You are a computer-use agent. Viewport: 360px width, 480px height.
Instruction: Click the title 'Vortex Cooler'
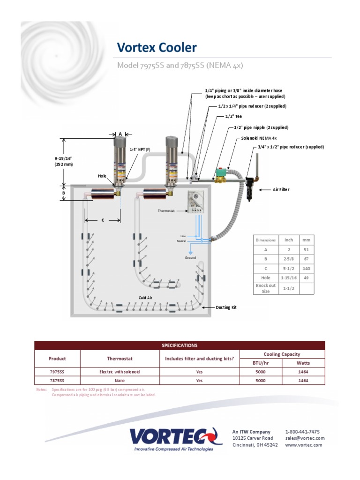point(157,47)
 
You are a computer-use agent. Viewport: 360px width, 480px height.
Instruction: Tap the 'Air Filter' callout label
point(281,190)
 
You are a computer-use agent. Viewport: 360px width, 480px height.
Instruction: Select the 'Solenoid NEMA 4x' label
point(259,138)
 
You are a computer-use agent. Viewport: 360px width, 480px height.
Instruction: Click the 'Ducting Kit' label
point(226,307)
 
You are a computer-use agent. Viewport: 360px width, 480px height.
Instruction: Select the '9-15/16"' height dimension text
point(64,158)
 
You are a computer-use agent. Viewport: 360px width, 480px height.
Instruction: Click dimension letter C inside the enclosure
point(103,220)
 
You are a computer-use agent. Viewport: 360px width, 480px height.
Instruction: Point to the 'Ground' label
point(190,258)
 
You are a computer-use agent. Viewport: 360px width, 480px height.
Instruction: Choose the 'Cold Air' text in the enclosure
point(145,298)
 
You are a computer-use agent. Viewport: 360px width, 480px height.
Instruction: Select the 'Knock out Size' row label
point(266,288)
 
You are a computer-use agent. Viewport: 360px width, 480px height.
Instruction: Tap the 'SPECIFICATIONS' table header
point(180,345)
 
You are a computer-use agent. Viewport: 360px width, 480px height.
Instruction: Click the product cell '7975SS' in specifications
point(57,372)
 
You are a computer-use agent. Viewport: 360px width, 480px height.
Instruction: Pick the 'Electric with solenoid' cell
point(120,372)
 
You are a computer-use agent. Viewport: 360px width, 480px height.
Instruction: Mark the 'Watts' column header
point(303,363)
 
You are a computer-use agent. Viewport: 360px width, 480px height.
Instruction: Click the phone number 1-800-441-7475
point(302,432)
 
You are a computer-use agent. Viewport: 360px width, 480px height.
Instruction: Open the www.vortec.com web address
point(304,445)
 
